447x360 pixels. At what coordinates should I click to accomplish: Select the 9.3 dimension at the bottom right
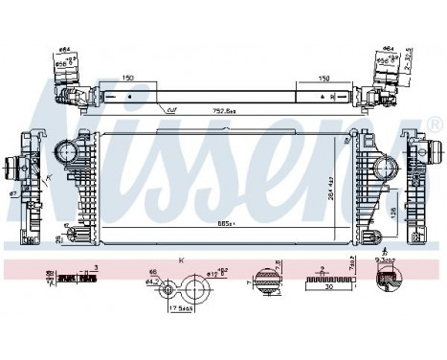[388, 261]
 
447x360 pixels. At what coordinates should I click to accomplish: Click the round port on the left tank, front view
[66, 152]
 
